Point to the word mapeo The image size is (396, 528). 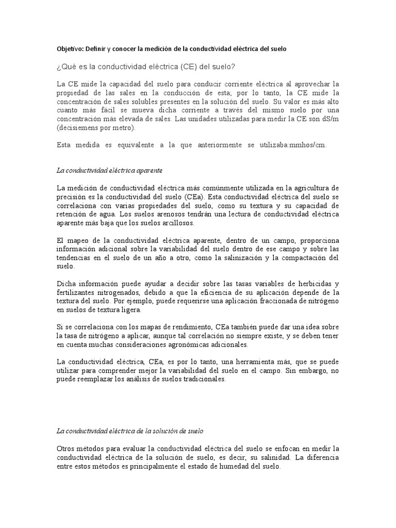click(76, 241)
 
